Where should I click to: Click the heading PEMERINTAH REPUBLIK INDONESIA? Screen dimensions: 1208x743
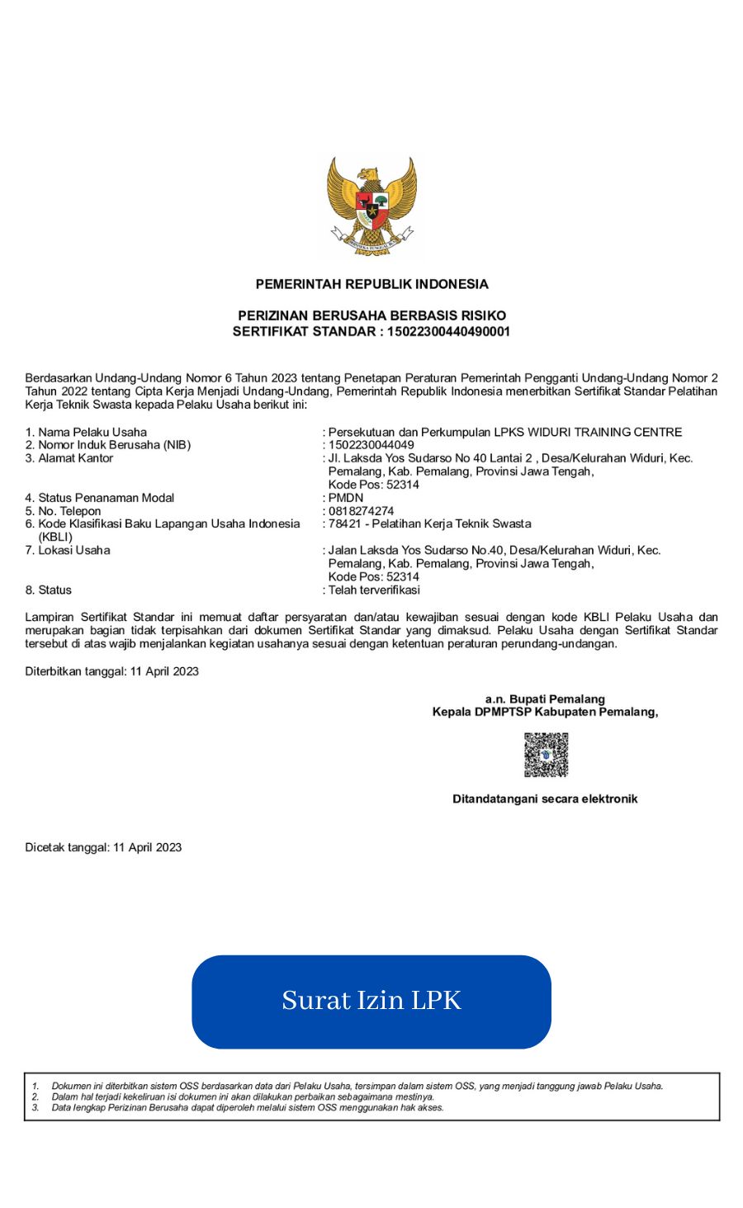point(371,284)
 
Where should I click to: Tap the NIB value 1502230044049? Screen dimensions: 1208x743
point(371,445)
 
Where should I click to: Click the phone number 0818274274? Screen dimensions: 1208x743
point(361,511)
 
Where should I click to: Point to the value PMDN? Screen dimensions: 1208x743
point(345,498)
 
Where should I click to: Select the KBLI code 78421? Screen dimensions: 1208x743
point(344,524)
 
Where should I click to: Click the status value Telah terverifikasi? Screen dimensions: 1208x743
point(374,590)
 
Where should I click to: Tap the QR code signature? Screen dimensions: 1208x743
point(546,755)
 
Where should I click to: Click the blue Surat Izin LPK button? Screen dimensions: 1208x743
point(371,1002)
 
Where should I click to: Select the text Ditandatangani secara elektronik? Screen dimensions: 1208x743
point(545,799)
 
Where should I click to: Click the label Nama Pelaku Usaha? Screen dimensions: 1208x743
point(92,432)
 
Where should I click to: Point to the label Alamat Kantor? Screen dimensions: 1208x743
point(75,458)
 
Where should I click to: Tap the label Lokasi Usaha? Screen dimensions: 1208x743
point(73,551)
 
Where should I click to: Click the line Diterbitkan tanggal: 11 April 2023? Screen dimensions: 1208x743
point(112,671)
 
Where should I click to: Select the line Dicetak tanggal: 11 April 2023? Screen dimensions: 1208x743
point(103,847)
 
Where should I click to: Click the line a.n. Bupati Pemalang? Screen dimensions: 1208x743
point(545,699)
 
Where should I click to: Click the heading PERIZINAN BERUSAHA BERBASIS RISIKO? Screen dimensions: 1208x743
point(371,315)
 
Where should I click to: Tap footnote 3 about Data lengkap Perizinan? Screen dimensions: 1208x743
point(247,1108)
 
